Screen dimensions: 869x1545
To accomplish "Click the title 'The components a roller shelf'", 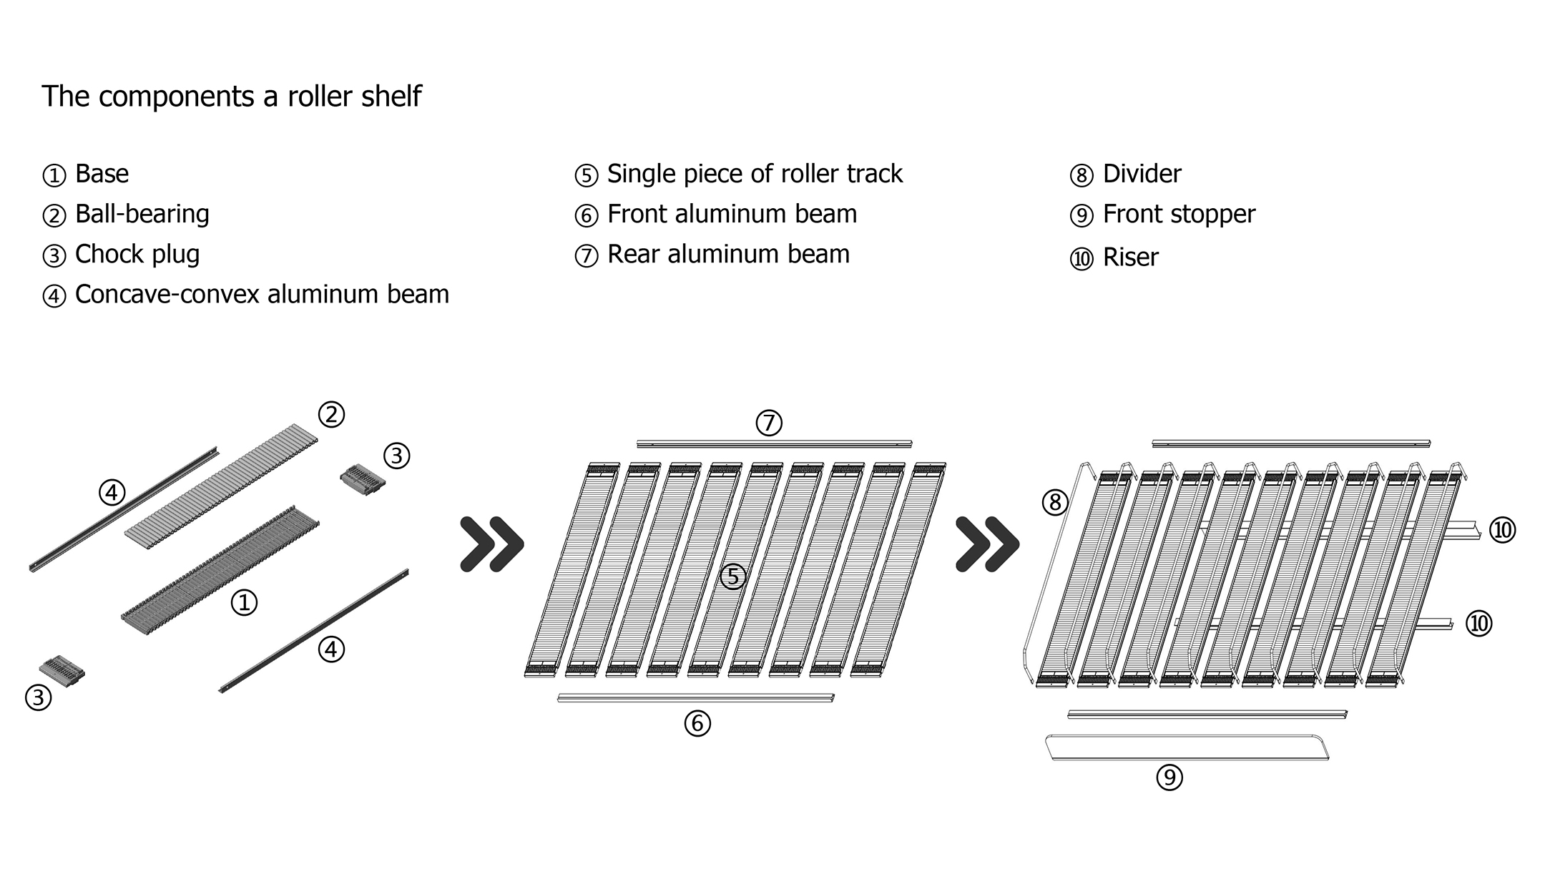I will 231,96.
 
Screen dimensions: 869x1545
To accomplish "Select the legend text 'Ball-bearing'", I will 142,214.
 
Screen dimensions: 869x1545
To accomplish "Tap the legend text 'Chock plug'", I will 137,254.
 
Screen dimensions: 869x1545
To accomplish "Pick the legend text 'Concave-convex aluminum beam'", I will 262,294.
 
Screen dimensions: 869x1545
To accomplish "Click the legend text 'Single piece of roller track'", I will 755,174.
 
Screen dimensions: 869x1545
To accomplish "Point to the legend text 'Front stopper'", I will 1178,214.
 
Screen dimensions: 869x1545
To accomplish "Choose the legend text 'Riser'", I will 1130,257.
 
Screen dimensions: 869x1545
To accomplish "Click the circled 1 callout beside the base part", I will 244,603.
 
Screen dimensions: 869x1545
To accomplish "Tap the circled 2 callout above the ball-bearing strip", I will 331,414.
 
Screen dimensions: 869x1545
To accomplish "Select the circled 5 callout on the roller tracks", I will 733,576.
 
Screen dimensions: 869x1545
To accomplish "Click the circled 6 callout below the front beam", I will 697,723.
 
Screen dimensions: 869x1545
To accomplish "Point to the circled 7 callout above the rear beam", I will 769,423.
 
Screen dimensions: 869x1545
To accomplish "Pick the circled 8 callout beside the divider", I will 1055,503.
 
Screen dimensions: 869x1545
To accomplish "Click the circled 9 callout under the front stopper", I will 1169,777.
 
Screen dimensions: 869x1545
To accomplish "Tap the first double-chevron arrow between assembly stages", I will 492,545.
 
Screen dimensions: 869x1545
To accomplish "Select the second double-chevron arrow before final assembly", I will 987,545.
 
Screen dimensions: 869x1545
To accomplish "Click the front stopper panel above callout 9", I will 1187,747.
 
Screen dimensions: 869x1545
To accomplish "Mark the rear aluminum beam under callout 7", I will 774,444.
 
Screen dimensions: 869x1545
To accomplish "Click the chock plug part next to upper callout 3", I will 363,477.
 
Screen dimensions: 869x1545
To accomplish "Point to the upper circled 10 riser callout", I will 1503,530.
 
